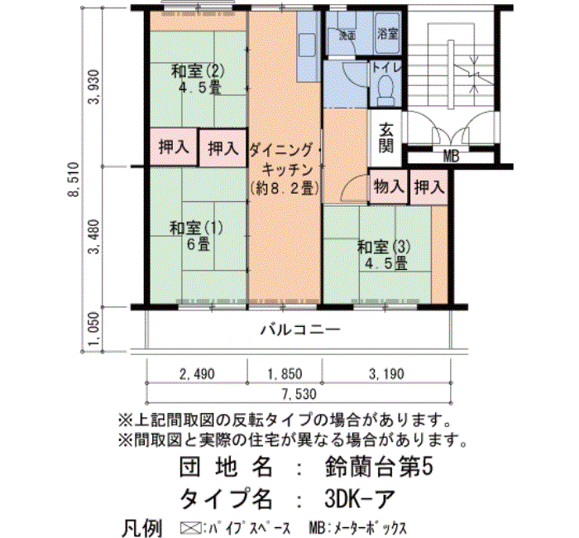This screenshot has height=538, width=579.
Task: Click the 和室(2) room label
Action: pyautogui.click(x=198, y=71)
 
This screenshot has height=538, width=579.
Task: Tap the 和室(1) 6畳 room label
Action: pyautogui.click(x=196, y=235)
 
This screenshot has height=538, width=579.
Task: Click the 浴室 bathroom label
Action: pyautogui.click(x=387, y=34)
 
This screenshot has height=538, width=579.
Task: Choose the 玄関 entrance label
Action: pyautogui.click(x=386, y=138)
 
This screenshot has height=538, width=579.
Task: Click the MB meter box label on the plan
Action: pyautogui.click(x=451, y=156)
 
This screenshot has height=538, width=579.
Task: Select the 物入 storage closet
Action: pyautogui.click(x=389, y=186)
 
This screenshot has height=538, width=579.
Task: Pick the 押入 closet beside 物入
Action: pyautogui.click(x=429, y=187)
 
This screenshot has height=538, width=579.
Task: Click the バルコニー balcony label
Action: pyautogui.click(x=299, y=329)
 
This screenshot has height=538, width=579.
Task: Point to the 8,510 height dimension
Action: pyautogui.click(x=74, y=180)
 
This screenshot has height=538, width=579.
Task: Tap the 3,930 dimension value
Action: pyautogui.click(x=94, y=87)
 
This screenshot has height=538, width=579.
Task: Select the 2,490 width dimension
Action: pyautogui.click(x=197, y=374)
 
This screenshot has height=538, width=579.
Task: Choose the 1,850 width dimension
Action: pyautogui.click(x=285, y=374)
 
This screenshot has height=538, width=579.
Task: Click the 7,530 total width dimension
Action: pyautogui.click(x=299, y=394)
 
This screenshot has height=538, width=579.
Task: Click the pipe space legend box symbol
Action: pyautogui.click(x=190, y=527)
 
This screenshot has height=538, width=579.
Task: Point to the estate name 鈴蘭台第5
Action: pyautogui.click(x=379, y=467)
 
